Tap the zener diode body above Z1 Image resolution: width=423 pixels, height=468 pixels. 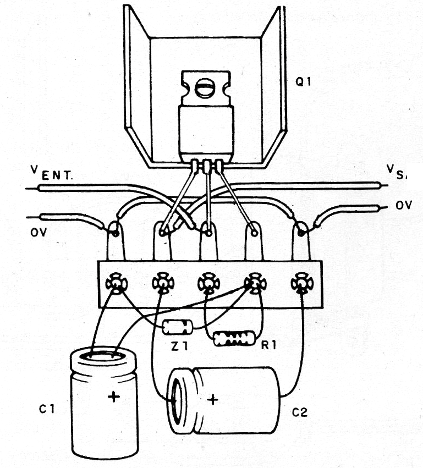click(x=177, y=327)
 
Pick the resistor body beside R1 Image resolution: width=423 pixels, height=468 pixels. click(x=234, y=338)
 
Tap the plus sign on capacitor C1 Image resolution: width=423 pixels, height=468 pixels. click(x=113, y=397)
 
